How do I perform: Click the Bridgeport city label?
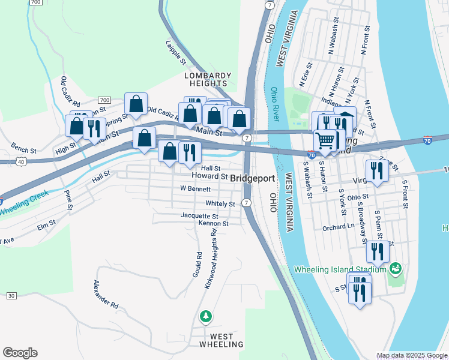(x=253, y=179)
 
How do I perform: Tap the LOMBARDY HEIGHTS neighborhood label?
(x=208, y=80)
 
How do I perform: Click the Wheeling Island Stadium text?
(x=340, y=269)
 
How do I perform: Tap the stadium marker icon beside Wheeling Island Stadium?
(x=395, y=268)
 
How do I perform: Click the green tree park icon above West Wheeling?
(x=206, y=316)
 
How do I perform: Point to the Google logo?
(x=20, y=353)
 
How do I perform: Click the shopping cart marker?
(x=325, y=141)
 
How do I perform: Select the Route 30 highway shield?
(x=11, y=296)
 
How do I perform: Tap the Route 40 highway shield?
(x=21, y=161)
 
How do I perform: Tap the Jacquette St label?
(x=199, y=215)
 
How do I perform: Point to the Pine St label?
(x=68, y=200)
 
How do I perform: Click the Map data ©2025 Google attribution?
(x=412, y=355)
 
